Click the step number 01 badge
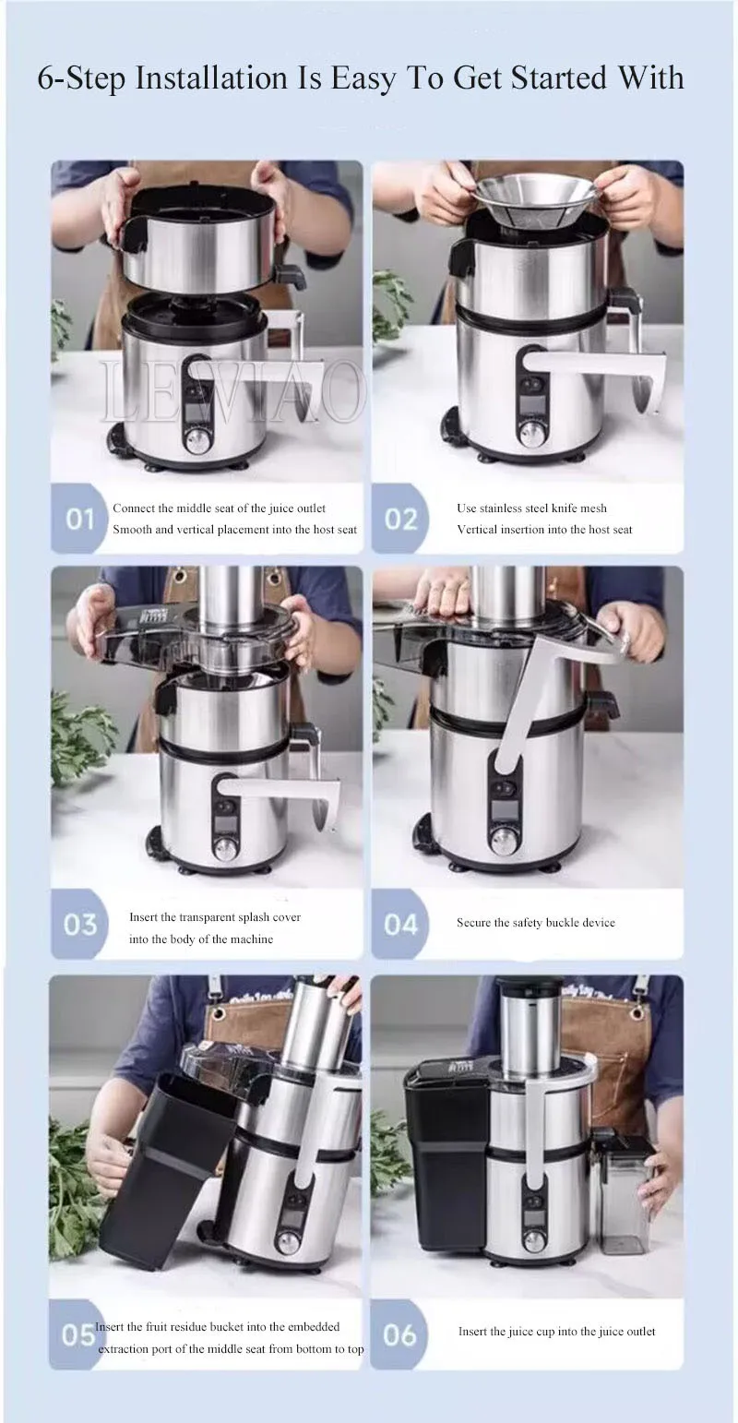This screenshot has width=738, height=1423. [x=80, y=520]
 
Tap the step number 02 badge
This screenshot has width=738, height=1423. [x=400, y=520]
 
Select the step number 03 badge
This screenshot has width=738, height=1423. [x=80, y=925]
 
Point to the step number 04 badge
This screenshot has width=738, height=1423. [x=400, y=925]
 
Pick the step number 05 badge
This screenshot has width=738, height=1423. [x=77, y=1335]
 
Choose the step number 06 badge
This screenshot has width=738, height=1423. [x=399, y=1335]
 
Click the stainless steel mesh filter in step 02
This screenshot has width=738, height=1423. [x=534, y=198]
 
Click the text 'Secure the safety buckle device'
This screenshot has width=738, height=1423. [x=535, y=923]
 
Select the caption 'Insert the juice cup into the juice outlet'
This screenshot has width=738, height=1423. [x=556, y=1331]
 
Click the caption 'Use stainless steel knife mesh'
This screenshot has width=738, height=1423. [x=531, y=508]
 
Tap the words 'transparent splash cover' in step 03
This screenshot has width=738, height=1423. [x=236, y=917]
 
